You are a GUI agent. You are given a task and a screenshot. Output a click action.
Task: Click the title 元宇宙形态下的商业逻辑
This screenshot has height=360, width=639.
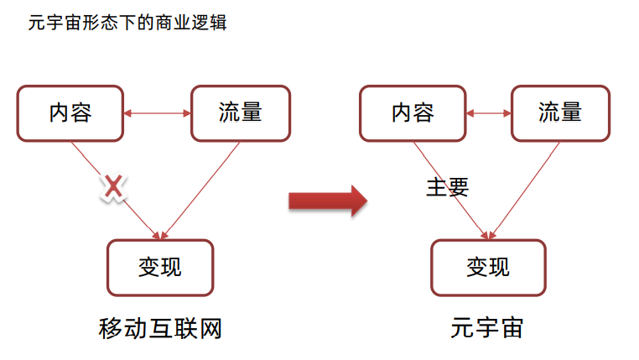pyautogui.click(x=127, y=23)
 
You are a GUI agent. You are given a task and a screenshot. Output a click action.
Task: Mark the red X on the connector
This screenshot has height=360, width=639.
pyautogui.click(x=113, y=187)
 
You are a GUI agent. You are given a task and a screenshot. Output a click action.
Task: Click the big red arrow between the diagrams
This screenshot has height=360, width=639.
pyautogui.click(x=328, y=201)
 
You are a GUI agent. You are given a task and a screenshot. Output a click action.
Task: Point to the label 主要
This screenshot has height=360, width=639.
pyautogui.click(x=448, y=187)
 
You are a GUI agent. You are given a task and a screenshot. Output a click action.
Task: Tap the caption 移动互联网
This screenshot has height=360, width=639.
pyautogui.click(x=160, y=329)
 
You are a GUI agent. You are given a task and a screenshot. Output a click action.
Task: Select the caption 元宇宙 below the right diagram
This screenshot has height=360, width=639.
pyautogui.click(x=487, y=328)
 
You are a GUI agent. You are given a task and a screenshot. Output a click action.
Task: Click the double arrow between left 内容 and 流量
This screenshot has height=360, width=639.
pyautogui.click(x=158, y=113)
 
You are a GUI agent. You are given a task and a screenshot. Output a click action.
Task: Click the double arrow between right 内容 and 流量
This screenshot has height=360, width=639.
pyautogui.click(x=489, y=113)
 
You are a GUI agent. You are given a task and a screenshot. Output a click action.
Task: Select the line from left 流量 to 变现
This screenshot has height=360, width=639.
pyautogui.click(x=201, y=190)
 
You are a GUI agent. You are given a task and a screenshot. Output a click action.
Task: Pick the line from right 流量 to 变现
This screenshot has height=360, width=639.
pyautogui.click(x=524, y=190)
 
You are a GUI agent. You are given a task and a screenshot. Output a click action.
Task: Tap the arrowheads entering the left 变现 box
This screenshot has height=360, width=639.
pyautogui.click(x=159, y=235)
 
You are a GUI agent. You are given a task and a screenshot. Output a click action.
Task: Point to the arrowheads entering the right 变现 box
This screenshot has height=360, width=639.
pyautogui.click(x=488, y=235)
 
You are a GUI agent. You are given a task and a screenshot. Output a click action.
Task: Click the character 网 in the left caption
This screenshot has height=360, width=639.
pyautogui.click(x=210, y=329)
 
